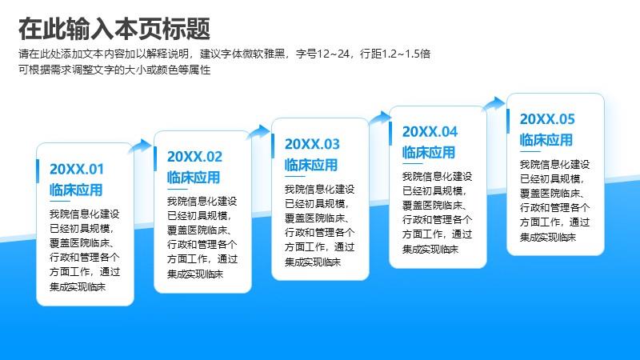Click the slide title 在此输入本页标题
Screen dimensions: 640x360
point(114,29)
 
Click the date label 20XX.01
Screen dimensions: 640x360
point(77,169)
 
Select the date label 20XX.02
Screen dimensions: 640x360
point(194,156)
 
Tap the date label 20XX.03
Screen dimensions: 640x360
point(312,144)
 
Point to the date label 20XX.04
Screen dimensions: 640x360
point(430,131)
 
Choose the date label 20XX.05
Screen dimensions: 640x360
point(547,118)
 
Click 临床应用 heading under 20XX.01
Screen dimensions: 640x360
point(76,190)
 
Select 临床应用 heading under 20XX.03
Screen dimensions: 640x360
point(311,165)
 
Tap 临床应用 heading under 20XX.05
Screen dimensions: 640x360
point(546,140)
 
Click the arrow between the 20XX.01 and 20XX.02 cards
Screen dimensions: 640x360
point(140,146)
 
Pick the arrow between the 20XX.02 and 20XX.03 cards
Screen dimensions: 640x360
point(258,132)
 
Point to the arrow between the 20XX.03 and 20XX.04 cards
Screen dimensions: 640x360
point(380,118)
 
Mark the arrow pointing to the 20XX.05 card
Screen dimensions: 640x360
point(494,104)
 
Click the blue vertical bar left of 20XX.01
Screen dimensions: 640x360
point(38,171)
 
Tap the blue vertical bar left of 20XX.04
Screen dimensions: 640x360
point(390,134)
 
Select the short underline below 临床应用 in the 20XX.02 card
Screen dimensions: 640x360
point(177,189)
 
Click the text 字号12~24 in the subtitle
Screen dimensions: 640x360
point(322,54)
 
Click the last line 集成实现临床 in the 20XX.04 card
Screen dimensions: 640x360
point(430,249)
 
